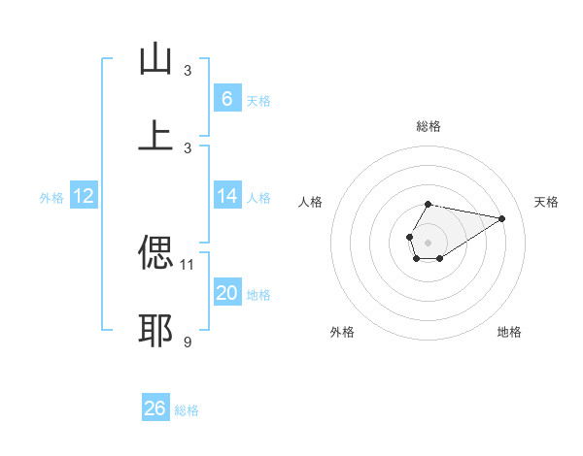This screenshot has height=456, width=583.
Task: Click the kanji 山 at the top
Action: pyautogui.click(x=155, y=59)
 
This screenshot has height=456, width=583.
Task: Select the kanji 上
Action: pyautogui.click(x=155, y=136)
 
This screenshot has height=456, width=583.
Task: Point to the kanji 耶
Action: pyautogui.click(x=155, y=330)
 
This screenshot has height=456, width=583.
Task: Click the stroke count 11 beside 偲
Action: pyautogui.click(x=188, y=263)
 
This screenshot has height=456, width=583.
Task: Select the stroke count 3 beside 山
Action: pyautogui.click(x=188, y=70)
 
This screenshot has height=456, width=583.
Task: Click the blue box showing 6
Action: pyautogui.click(x=226, y=98)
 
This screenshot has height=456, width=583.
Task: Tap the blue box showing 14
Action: pyautogui.click(x=226, y=196)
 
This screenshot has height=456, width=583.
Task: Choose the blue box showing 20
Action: pyautogui.click(x=226, y=293)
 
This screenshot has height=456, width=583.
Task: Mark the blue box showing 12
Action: pyautogui.click(x=83, y=196)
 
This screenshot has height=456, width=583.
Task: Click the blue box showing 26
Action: pyautogui.click(x=154, y=408)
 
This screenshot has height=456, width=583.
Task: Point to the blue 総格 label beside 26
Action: pyautogui.click(x=187, y=410)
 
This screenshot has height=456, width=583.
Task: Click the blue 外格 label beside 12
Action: pyautogui.click(x=51, y=198)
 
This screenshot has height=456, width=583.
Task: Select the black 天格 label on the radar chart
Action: pyautogui.click(x=546, y=202)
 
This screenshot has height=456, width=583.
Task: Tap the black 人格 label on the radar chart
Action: pyautogui.click(x=311, y=202)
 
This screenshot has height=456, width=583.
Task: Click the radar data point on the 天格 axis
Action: pyautogui.click(x=502, y=217)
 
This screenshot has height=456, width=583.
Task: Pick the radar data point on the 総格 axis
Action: pyautogui.click(x=428, y=204)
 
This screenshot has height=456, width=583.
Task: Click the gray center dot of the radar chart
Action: pyautogui.click(x=428, y=241)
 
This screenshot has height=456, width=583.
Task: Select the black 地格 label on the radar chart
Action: pyautogui.click(x=509, y=332)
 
